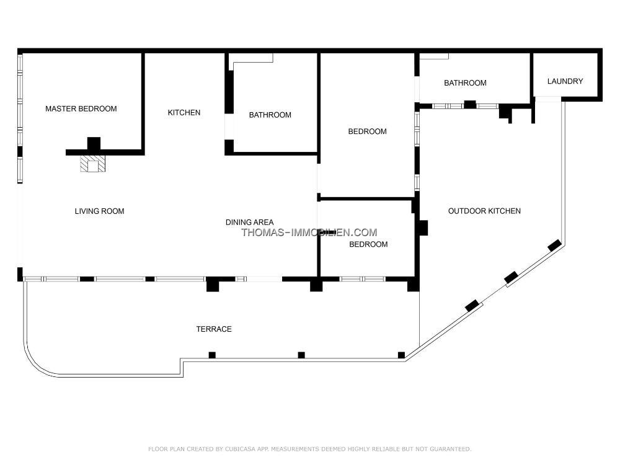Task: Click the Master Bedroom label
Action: tap(81, 108)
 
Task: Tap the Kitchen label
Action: tap(184, 113)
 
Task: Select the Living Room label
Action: tap(99, 211)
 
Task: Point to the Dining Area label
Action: tap(249, 222)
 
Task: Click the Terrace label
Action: tap(214, 329)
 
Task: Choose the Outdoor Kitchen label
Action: tap(484, 211)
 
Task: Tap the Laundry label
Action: tap(565, 81)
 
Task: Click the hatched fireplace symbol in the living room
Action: tap(93, 164)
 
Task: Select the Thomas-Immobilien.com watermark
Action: tap(309, 232)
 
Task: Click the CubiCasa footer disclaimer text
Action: tap(309, 449)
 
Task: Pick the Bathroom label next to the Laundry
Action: tap(465, 83)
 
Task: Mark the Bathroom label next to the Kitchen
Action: tap(270, 115)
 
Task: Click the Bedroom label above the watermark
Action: tap(367, 131)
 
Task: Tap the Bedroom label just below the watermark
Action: tap(368, 244)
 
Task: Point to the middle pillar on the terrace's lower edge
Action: tap(301, 355)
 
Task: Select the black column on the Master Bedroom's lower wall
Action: tap(94, 144)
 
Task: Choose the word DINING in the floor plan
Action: tap(237, 222)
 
